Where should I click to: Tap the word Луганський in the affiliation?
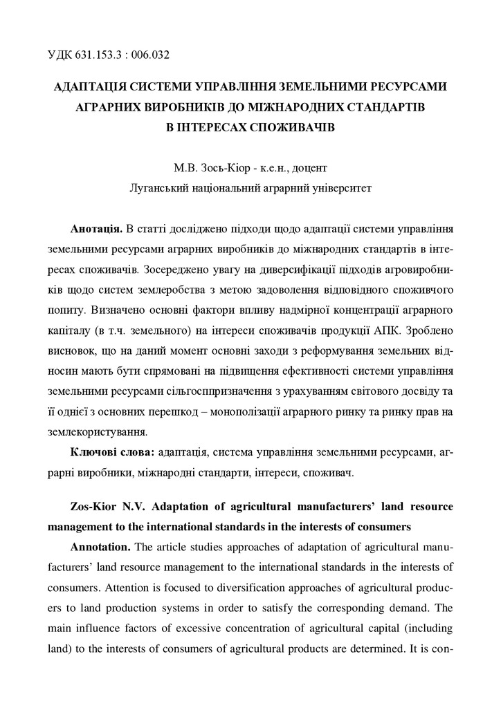pyautogui.click(x=163, y=187)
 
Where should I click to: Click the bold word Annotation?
pyautogui.click(x=100, y=546)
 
